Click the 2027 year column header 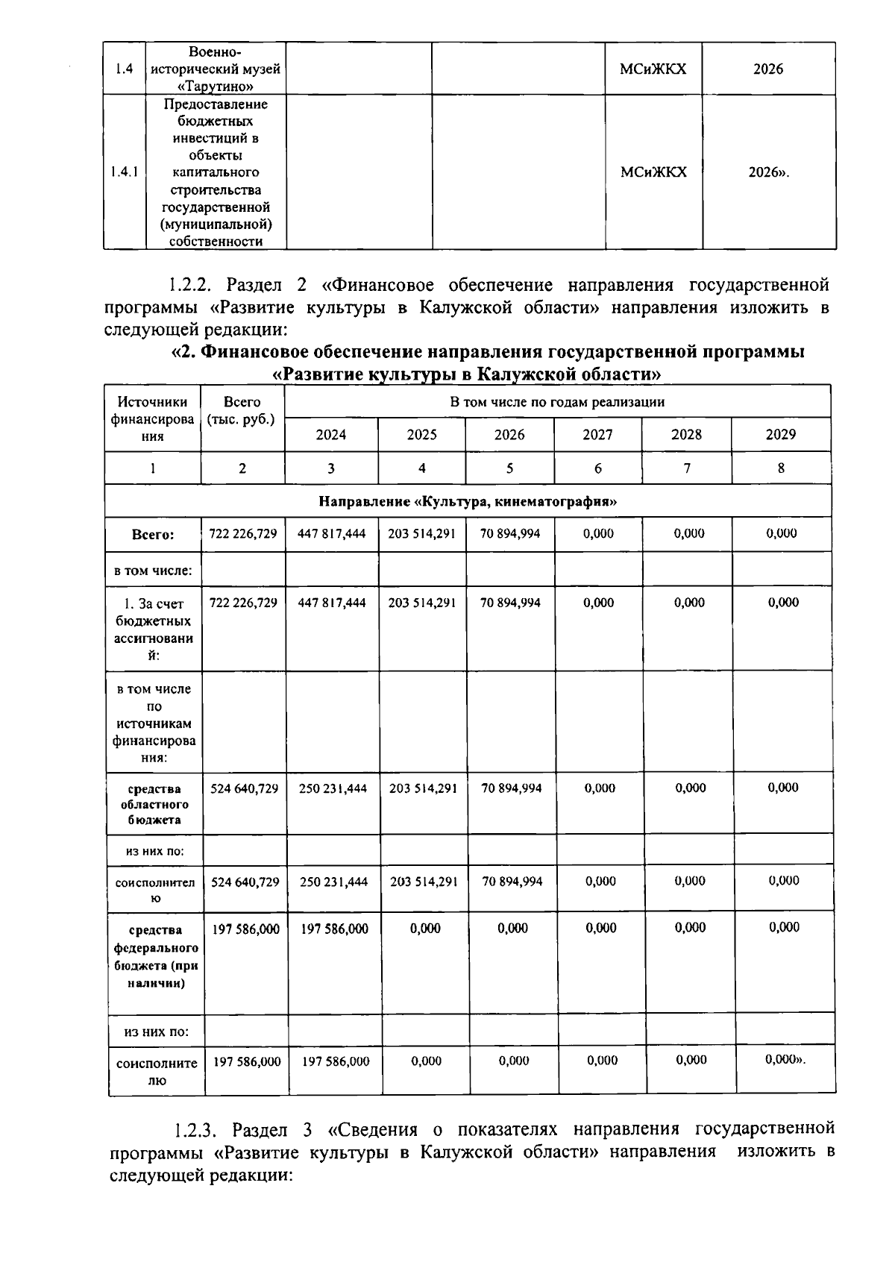[x=597, y=434]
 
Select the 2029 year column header [x=780, y=434]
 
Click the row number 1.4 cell [x=125, y=69]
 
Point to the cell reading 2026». [x=768, y=172]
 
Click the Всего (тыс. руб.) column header [x=242, y=411]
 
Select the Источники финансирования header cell [x=152, y=419]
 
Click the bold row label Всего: [x=153, y=535]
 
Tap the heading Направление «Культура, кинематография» [x=468, y=501]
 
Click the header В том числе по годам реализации [x=556, y=402]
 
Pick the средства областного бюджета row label [x=154, y=804]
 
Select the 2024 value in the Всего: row [x=331, y=533]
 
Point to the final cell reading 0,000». [x=785, y=1061]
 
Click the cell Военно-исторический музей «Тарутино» [x=216, y=69]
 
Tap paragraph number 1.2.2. [x=192, y=285]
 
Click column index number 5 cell [x=509, y=468]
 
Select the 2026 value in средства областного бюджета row [x=511, y=788]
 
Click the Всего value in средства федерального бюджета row [x=246, y=929]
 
